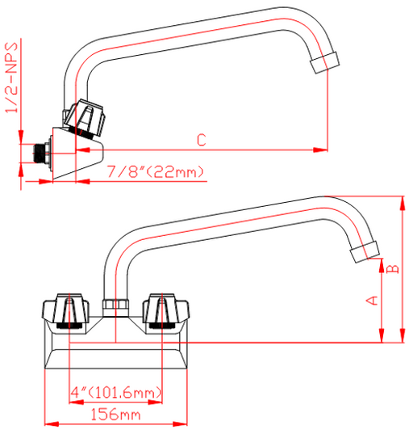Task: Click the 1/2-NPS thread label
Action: pyautogui.click(x=11, y=78)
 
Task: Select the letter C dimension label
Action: pyautogui.click(x=202, y=140)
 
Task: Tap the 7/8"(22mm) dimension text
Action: pyautogui.click(x=156, y=171)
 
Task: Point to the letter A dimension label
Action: pyautogui.click(x=372, y=301)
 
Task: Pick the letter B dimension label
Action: pyautogui.click(x=393, y=269)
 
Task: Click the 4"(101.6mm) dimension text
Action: pyautogui.click(x=116, y=392)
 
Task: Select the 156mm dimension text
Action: pyautogui.click(x=115, y=415)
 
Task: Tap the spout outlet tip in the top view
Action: pyautogui.click(x=324, y=62)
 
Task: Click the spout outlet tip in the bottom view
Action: pyautogui.click(x=365, y=251)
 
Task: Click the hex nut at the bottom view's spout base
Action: pyautogui.click(x=115, y=307)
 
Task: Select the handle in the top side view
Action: pyautogui.click(x=84, y=118)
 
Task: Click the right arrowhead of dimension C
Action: pyautogui.click(x=320, y=150)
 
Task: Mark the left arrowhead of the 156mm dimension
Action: pyautogui.click(x=52, y=423)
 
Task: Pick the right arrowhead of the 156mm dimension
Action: pyautogui.click(x=180, y=423)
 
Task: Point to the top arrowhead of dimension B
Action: pyautogui.click(x=403, y=204)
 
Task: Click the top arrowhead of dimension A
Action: pyautogui.click(x=382, y=266)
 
